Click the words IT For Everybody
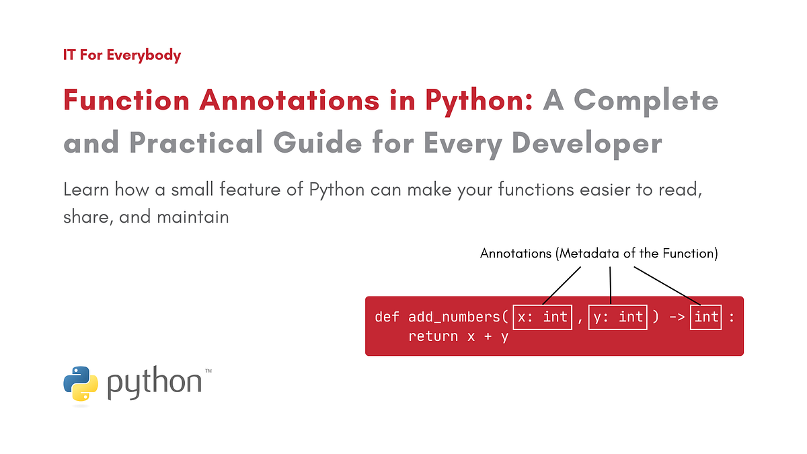click(122, 54)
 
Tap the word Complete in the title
click(646, 101)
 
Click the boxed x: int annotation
click(542, 316)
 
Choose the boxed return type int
click(706, 316)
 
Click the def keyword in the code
click(387, 317)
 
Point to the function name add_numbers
click(454, 317)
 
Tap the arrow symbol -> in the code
click(677, 317)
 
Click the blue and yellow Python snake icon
click(81, 383)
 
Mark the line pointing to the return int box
click(667, 285)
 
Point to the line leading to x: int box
click(562, 285)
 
